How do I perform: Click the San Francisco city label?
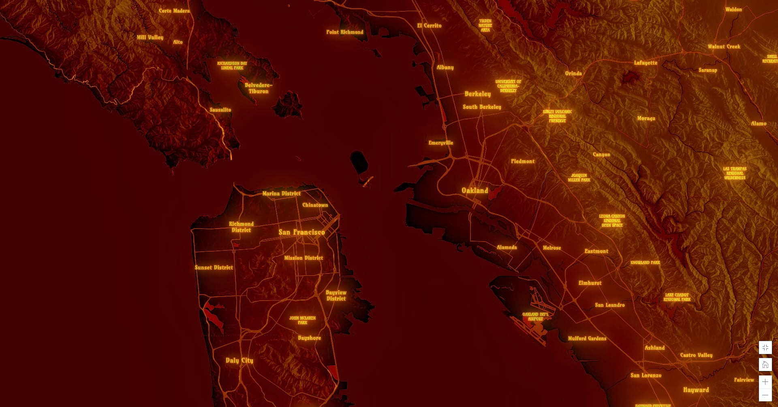click(301, 232)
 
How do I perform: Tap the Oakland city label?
click(474, 191)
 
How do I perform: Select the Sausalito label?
click(220, 110)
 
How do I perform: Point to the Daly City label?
click(239, 360)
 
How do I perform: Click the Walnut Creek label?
click(724, 47)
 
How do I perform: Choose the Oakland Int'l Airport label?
click(535, 316)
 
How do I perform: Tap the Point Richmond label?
click(344, 32)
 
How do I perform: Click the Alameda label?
click(507, 247)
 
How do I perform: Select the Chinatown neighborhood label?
click(315, 205)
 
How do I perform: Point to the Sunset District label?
click(214, 267)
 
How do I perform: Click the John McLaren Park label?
click(302, 320)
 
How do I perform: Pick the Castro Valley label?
click(696, 355)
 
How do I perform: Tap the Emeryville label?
click(440, 143)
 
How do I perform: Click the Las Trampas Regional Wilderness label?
click(735, 173)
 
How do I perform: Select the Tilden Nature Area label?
click(485, 25)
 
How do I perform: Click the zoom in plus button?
click(765, 382)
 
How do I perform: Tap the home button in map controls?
click(765, 365)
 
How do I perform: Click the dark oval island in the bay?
click(359, 161)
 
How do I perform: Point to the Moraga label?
click(646, 119)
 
